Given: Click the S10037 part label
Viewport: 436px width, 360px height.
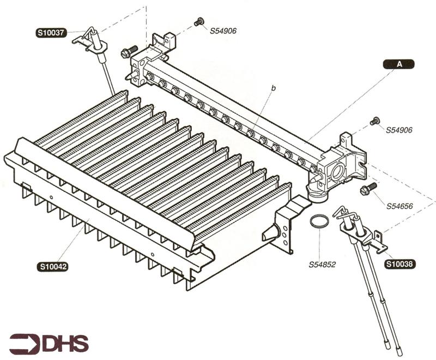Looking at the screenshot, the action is click(51, 33).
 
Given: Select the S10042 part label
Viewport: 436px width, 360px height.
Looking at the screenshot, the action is click(52, 267).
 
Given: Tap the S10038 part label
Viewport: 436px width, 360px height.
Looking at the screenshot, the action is click(400, 264).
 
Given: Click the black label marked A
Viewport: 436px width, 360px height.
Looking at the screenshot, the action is click(399, 64).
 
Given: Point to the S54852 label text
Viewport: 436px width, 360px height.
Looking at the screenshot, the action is click(322, 265).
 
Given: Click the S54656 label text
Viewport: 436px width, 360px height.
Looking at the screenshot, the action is click(399, 206).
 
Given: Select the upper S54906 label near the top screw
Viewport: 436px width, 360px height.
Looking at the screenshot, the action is click(223, 31).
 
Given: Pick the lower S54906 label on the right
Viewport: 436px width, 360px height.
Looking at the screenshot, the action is click(399, 130).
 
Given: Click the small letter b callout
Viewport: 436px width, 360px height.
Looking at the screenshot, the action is click(274, 88).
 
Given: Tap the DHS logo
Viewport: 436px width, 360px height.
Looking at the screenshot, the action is click(49, 344).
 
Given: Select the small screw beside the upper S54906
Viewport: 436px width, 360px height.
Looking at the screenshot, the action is click(199, 21).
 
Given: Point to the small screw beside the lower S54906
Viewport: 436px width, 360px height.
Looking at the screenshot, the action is click(374, 121).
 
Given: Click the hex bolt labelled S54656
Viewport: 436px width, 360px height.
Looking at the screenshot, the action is click(368, 188).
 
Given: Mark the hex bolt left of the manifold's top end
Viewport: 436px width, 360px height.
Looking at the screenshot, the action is click(129, 51).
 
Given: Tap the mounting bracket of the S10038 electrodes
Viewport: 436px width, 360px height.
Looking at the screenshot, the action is click(379, 242).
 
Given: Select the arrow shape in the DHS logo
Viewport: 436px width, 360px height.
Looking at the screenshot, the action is click(25, 344).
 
